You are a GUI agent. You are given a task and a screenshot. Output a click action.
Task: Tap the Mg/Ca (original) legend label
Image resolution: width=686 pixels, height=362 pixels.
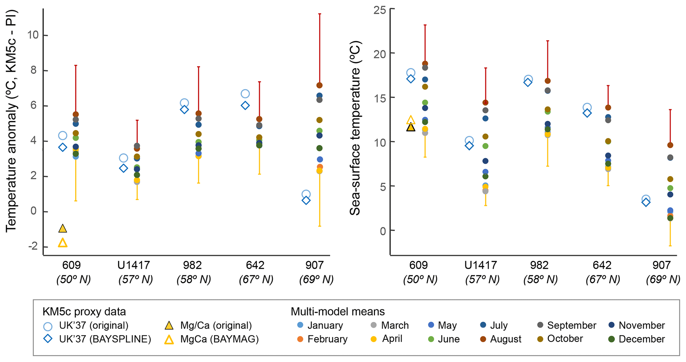coord(216,325)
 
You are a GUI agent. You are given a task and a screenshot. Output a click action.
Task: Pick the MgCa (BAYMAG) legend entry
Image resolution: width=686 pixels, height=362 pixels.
coord(219,339)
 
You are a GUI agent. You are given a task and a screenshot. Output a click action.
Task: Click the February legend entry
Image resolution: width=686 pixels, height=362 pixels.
coord(327,339)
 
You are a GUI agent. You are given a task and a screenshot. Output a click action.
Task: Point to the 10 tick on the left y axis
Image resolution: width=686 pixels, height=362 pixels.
coord(33,35)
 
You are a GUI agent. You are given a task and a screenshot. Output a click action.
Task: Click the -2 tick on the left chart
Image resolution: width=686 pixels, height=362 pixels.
coord(33,246)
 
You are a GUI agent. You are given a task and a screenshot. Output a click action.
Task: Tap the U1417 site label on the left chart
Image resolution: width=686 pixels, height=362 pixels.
coord(134,265)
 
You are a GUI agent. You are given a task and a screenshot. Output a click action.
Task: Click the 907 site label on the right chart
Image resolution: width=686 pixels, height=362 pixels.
coord(661,265)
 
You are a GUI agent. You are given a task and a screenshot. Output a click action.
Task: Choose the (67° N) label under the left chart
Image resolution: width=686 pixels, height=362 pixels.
coord(256,280)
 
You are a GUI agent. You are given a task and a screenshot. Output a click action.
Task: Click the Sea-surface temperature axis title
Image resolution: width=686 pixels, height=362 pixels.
coord(355,128)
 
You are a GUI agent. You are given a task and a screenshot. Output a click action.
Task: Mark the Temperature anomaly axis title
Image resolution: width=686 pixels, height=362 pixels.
coord(11,121)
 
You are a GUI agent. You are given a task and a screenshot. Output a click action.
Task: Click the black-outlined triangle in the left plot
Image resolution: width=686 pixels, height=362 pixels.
coord(63,228)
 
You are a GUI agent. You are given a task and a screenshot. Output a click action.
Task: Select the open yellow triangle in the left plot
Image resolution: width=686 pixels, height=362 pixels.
coord(63,243)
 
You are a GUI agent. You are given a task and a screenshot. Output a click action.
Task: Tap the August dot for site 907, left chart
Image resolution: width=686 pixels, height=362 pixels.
coord(320,85)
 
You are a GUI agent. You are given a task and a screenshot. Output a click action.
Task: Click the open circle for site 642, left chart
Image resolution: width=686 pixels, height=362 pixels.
coord(245,94)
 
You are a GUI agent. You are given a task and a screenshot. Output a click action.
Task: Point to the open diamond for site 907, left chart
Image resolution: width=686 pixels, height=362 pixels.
coord(306,201)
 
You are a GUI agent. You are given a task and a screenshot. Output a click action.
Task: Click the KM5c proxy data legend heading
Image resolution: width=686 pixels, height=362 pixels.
coord(84,312)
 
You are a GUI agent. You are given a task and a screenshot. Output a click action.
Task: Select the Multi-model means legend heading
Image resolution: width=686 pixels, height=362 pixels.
coord(338,312)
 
